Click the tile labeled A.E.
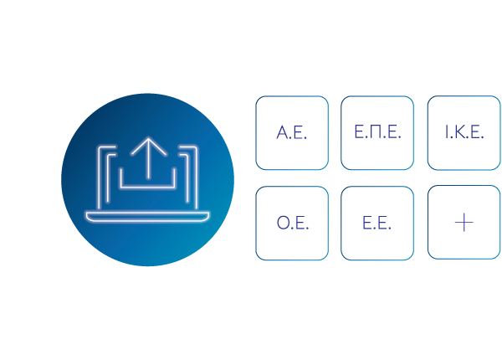point(292,132)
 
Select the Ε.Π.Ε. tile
point(377,132)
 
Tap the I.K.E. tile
point(464,132)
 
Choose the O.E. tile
point(292,223)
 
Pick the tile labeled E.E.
point(377,223)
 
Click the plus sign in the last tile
point(464,222)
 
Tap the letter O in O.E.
point(283,223)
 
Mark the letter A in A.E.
point(283,132)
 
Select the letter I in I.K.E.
point(447,132)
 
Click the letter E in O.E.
point(300,223)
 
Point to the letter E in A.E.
point(299,132)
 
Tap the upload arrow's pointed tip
point(149,138)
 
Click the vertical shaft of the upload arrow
point(149,158)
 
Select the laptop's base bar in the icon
point(147,217)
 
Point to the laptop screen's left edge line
point(99,177)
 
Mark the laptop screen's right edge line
point(196,177)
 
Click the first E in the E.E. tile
point(366,223)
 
